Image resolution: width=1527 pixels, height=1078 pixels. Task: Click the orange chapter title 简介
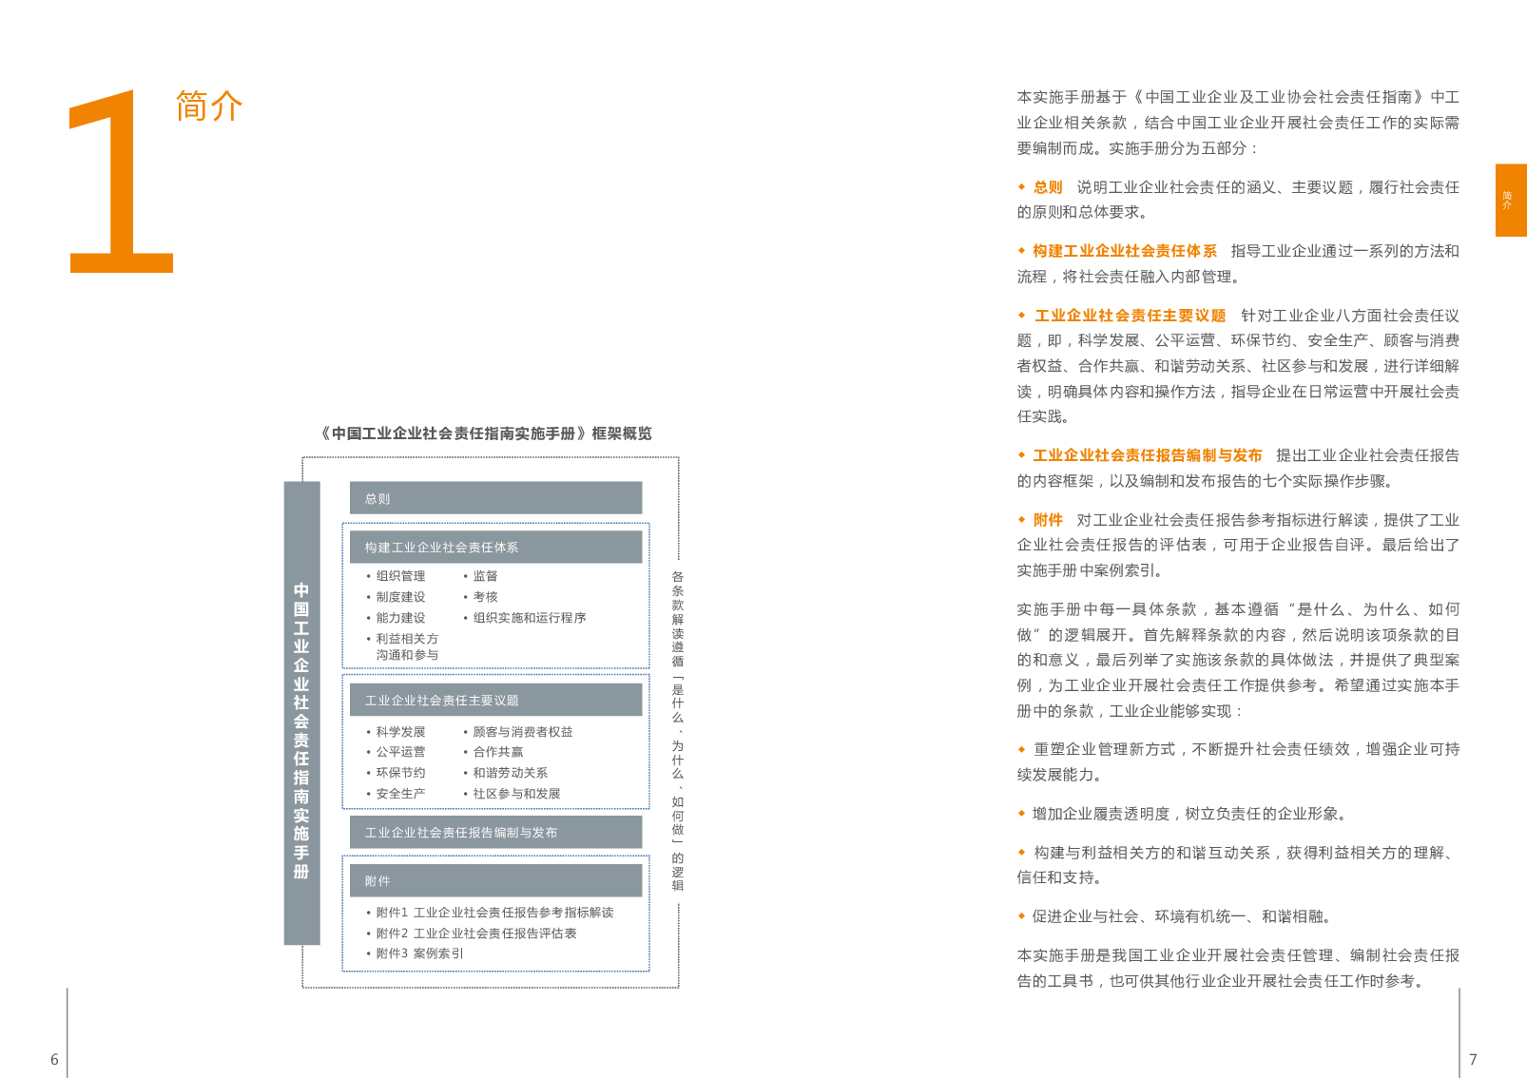pyautogui.click(x=209, y=106)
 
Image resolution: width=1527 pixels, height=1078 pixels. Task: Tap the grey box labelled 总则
pyautogui.click(x=495, y=498)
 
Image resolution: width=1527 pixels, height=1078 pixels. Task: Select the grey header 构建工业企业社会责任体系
pyautogui.click(x=495, y=548)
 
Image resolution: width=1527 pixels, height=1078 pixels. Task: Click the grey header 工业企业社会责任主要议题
pyautogui.click(x=495, y=701)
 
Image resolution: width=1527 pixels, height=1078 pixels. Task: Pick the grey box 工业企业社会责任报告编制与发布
pyautogui.click(x=495, y=833)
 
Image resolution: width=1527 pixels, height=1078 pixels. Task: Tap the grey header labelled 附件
pyautogui.click(x=495, y=881)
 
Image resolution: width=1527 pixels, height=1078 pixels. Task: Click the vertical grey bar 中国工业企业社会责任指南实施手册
pyautogui.click(x=301, y=713)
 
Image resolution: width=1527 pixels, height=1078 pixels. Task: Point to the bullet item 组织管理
pyautogui.click(x=400, y=576)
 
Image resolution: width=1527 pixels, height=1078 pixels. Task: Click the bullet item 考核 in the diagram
pyautogui.click(x=485, y=597)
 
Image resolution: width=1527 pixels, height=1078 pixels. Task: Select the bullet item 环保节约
pyautogui.click(x=400, y=773)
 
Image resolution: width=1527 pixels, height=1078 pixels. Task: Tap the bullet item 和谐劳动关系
pyautogui.click(x=510, y=773)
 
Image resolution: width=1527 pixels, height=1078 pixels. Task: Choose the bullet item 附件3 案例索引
pyautogui.click(x=418, y=953)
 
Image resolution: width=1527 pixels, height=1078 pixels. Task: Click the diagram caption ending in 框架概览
pyautogui.click(x=486, y=433)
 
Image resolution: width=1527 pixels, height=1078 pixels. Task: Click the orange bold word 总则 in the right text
pyautogui.click(x=1048, y=187)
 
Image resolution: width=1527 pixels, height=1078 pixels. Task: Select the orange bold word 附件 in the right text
pyautogui.click(x=1048, y=520)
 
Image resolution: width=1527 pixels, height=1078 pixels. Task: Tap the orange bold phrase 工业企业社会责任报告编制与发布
pyautogui.click(x=1148, y=455)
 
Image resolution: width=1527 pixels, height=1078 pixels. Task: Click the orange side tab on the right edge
pyautogui.click(x=1510, y=200)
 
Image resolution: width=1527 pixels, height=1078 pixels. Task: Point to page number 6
pyautogui.click(x=54, y=1059)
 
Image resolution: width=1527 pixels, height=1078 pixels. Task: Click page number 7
pyautogui.click(x=1473, y=1059)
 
